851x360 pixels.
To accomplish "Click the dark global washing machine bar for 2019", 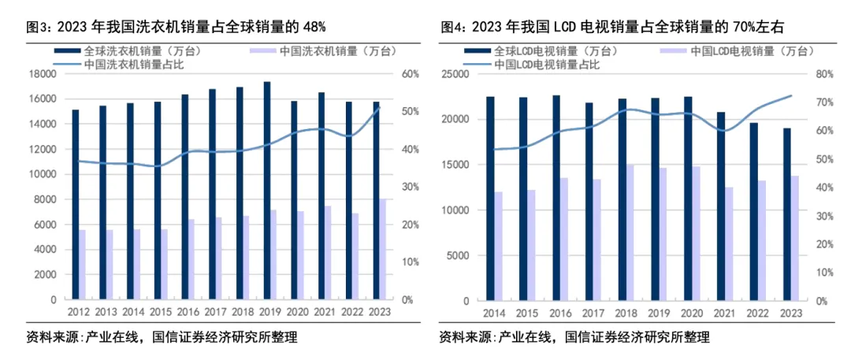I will [x=267, y=191].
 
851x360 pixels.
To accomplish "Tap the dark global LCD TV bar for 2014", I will [x=490, y=199].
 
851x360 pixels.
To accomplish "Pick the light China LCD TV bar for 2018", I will [x=629, y=233].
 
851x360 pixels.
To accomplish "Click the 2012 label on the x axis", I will [x=76, y=313].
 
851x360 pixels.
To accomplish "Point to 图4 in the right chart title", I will [x=452, y=27].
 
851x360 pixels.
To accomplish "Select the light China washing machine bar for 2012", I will [x=82, y=265].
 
